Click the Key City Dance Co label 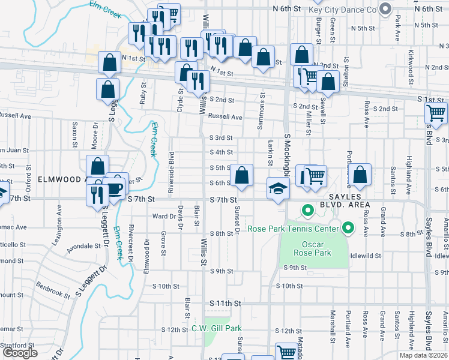click(342, 10)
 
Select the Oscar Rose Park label click(316, 248)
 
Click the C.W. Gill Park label click(216, 329)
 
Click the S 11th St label click(224, 304)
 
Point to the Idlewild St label click(366, 256)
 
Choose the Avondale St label click(83, 246)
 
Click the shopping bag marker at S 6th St click(241, 176)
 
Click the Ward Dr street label click(163, 216)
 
